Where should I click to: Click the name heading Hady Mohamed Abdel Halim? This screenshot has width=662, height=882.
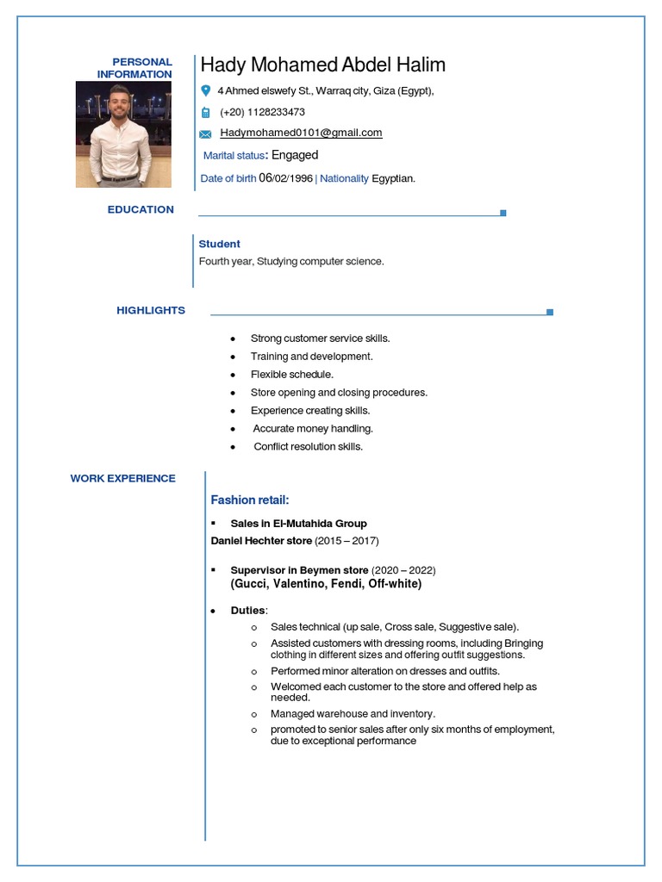322,65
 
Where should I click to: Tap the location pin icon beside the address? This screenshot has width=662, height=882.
205,90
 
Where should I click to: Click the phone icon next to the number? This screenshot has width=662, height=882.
205,113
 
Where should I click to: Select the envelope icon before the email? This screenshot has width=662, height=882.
205,134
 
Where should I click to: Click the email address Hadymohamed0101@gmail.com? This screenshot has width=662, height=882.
301,133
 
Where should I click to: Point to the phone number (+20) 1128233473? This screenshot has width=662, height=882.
262,112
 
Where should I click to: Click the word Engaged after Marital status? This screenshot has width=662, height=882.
295,155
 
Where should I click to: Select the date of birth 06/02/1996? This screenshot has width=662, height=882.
285,178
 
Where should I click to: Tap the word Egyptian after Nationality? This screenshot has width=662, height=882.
393,178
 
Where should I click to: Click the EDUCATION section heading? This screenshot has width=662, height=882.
141,209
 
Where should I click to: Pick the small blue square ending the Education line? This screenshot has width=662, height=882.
503,213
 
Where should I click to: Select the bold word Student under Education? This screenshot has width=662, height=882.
219,244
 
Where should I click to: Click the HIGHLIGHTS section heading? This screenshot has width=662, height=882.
151,310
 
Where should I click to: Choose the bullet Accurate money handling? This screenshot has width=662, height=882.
312,428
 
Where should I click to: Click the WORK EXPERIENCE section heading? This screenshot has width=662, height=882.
123,478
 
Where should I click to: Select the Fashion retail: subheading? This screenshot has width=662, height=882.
250,500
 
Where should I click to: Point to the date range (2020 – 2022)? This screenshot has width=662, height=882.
403,570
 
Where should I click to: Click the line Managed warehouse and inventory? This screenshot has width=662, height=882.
353,714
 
